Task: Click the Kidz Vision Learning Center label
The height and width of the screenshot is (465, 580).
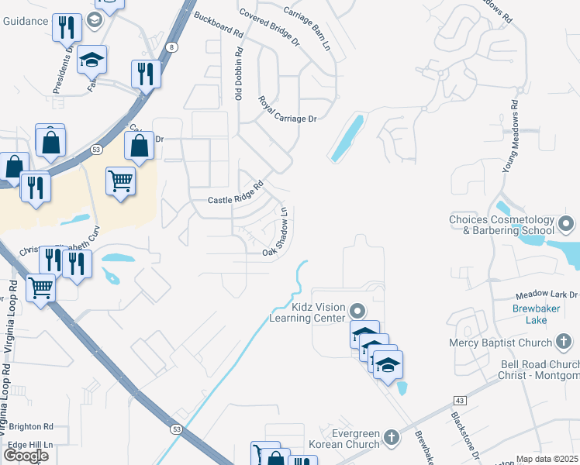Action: click(x=307, y=312)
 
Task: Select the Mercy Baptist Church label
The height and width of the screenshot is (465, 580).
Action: click(x=500, y=343)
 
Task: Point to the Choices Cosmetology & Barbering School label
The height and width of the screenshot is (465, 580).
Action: click(x=502, y=225)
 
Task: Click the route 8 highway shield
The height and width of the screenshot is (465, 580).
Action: click(x=171, y=47)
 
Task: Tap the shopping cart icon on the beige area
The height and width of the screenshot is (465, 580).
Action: click(x=120, y=181)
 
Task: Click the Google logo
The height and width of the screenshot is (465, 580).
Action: click(x=26, y=456)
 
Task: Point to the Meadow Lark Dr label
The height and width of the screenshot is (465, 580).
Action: click(x=547, y=295)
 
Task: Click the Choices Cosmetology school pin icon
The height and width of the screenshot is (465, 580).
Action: click(x=566, y=225)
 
